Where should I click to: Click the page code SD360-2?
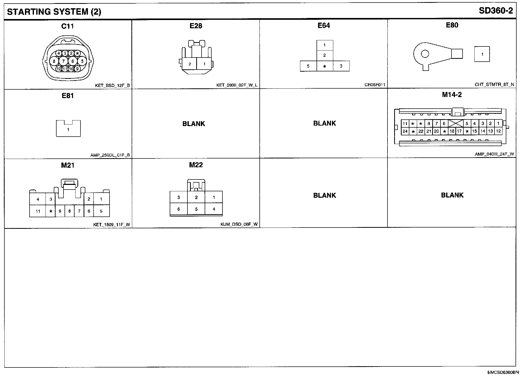point(496,11)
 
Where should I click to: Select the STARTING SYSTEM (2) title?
point(54,12)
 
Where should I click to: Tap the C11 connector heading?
point(68,26)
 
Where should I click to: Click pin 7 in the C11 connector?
point(63,61)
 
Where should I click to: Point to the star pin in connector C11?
point(77,53)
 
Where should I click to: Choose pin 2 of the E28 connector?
point(190,64)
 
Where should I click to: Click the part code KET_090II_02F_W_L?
point(237,85)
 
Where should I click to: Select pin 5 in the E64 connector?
point(308,66)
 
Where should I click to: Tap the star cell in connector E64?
point(324,66)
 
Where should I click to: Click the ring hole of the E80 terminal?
point(425,54)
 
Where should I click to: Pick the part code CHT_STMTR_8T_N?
point(494,84)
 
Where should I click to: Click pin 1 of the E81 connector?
point(68,130)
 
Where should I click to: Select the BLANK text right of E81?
point(194,124)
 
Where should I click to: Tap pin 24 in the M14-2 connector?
point(405,131)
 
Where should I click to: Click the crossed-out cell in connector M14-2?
point(456,124)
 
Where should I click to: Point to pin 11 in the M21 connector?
point(38,211)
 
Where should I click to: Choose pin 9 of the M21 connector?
point(60,211)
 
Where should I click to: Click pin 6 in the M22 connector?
point(178,209)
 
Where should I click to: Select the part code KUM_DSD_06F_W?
point(239,224)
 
